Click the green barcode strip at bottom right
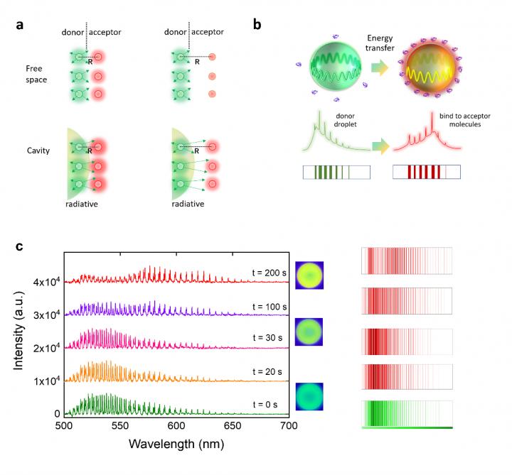click(407, 414)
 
